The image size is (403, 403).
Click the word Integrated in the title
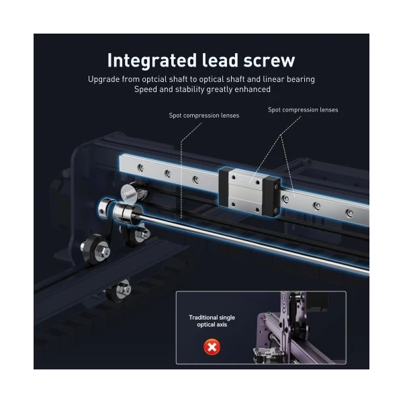coord(152,60)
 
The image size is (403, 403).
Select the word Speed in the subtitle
coord(145,89)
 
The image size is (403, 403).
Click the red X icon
coord(212,347)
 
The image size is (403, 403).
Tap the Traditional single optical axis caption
coord(212,321)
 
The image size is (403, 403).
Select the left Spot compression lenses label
coord(204,116)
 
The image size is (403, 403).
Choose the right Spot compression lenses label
coord(303,109)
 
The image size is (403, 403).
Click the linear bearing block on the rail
coord(250,191)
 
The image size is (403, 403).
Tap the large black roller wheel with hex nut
coord(95,249)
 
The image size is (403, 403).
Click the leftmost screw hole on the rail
coord(140,168)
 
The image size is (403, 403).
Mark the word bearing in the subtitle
coord(301,79)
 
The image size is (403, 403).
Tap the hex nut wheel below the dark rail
coord(122,290)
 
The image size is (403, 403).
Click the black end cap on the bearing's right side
coord(271,196)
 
